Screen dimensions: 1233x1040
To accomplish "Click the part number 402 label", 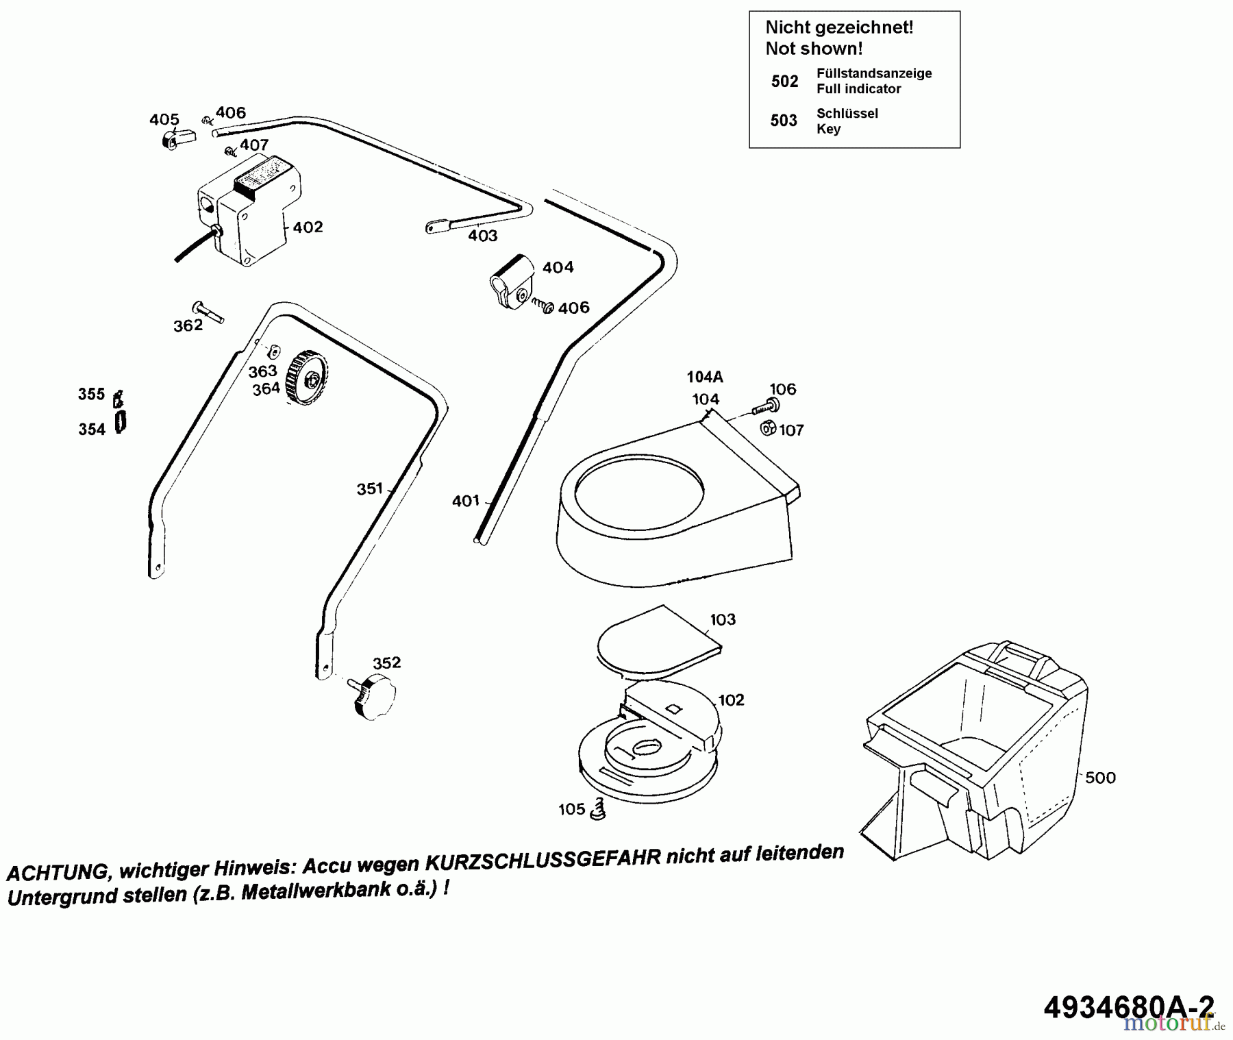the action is pos(308,227).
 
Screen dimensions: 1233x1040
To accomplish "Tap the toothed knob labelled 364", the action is pos(307,378).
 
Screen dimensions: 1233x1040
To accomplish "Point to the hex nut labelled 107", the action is pos(769,429).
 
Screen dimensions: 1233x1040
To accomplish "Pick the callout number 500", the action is pos(1100,778).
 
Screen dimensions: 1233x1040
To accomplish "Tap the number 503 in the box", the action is pos(784,121).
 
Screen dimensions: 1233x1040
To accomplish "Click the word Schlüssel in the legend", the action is pos(847,113).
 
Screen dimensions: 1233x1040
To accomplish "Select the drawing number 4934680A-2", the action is pos(1128,1006).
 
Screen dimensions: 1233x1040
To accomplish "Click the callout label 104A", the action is pos(705,376).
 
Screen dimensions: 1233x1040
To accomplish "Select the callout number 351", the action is pos(370,488).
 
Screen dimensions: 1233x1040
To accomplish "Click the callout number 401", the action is pos(466,501).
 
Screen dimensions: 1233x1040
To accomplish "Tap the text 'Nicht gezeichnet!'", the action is pos(839,27).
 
